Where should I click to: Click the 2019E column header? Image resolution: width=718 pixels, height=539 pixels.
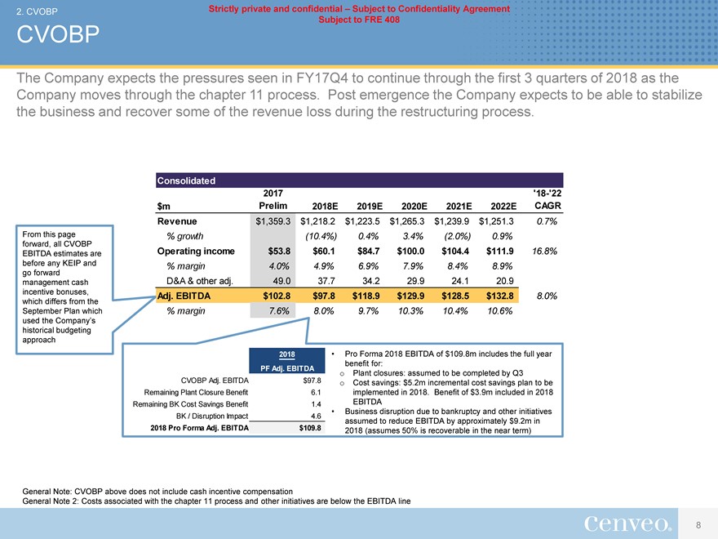point(365,206)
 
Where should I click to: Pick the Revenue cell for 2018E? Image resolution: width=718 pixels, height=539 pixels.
point(320,220)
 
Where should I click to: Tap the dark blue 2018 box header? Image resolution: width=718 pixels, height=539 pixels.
point(286,354)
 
